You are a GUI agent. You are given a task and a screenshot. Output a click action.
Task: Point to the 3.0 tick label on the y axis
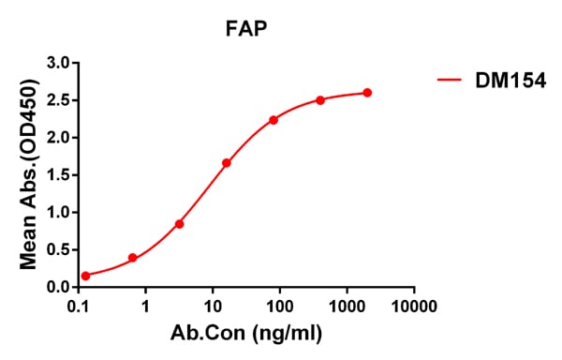59,63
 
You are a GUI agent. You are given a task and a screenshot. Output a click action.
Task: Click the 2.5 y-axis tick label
59,100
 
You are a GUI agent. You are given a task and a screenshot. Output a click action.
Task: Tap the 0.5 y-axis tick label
59,249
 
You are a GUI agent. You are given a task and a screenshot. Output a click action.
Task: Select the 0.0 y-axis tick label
59,287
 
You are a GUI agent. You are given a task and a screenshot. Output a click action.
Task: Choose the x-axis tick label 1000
347,307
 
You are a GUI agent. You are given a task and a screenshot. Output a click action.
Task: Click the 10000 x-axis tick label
414,307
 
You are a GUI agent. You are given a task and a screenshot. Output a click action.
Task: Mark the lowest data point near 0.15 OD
86,276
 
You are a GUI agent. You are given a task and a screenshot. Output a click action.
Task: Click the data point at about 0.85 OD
180,224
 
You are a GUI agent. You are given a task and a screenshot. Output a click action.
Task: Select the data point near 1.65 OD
227,163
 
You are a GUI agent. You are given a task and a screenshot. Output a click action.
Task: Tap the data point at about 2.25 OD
274,120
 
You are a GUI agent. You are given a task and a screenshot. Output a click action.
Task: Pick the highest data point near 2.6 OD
367,93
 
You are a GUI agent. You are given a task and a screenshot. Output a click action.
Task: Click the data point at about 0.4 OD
133,258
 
